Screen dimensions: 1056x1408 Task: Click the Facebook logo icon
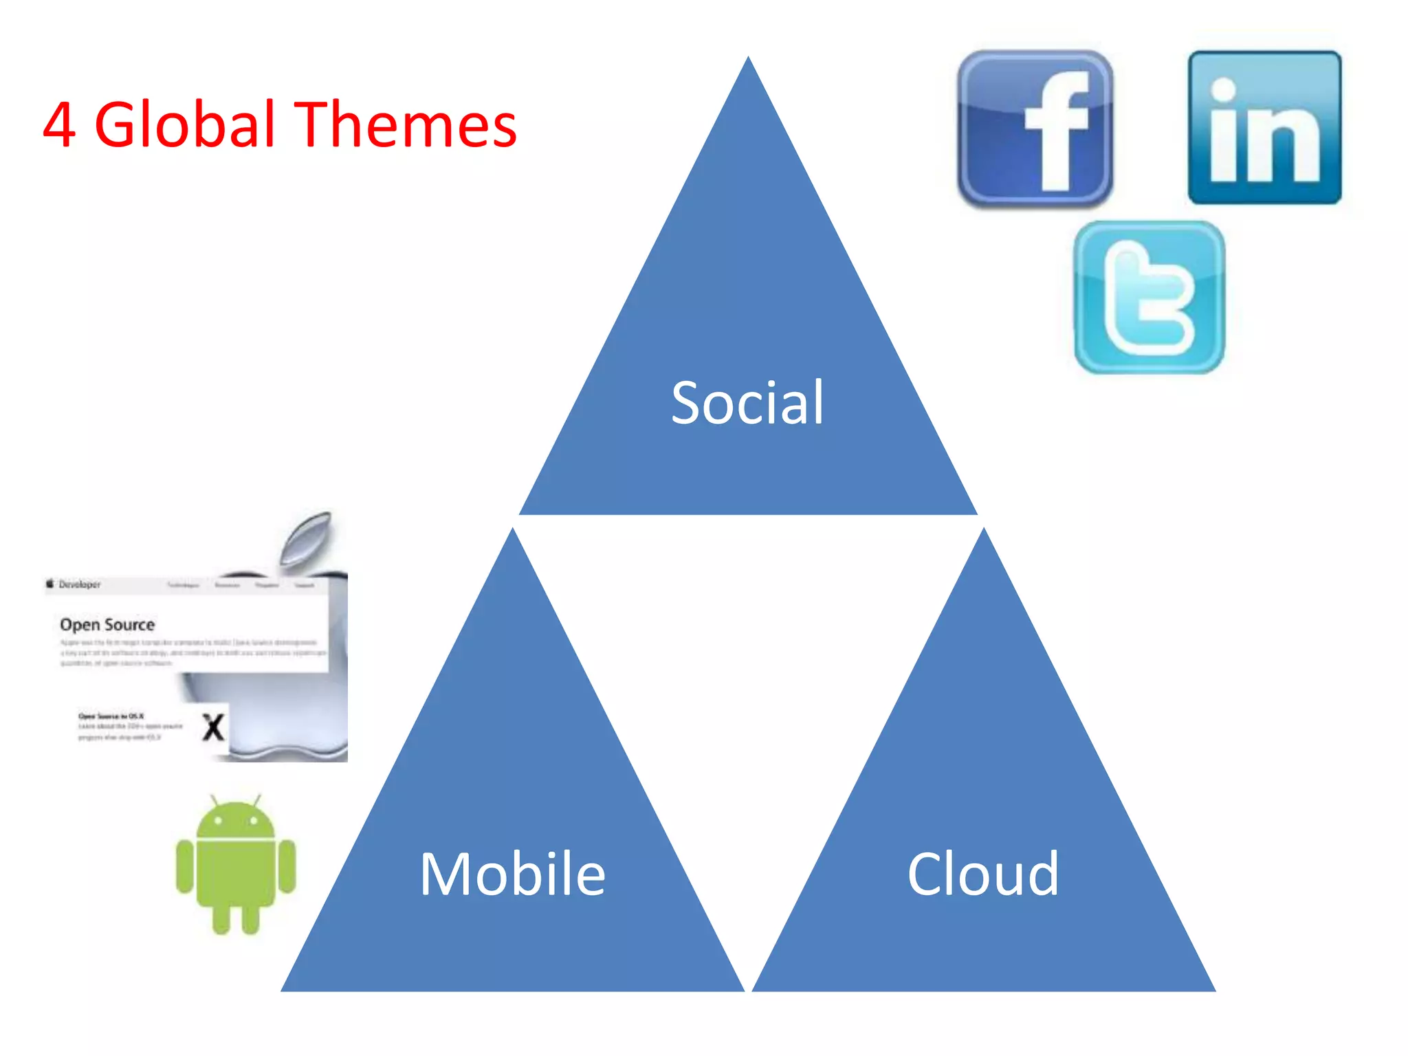1035,129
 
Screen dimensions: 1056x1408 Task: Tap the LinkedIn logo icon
1264,128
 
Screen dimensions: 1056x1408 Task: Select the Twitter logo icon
1149,298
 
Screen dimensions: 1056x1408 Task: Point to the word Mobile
512,874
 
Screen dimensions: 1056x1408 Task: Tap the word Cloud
983,874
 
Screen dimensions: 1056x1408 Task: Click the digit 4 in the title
59,125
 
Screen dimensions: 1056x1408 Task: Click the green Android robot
236,866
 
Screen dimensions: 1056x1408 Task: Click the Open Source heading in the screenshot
107,625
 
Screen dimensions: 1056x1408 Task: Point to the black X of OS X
213,727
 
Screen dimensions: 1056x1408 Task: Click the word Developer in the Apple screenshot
80,584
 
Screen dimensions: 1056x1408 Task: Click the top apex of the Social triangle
748,60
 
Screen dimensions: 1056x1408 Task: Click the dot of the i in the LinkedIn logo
1223,89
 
